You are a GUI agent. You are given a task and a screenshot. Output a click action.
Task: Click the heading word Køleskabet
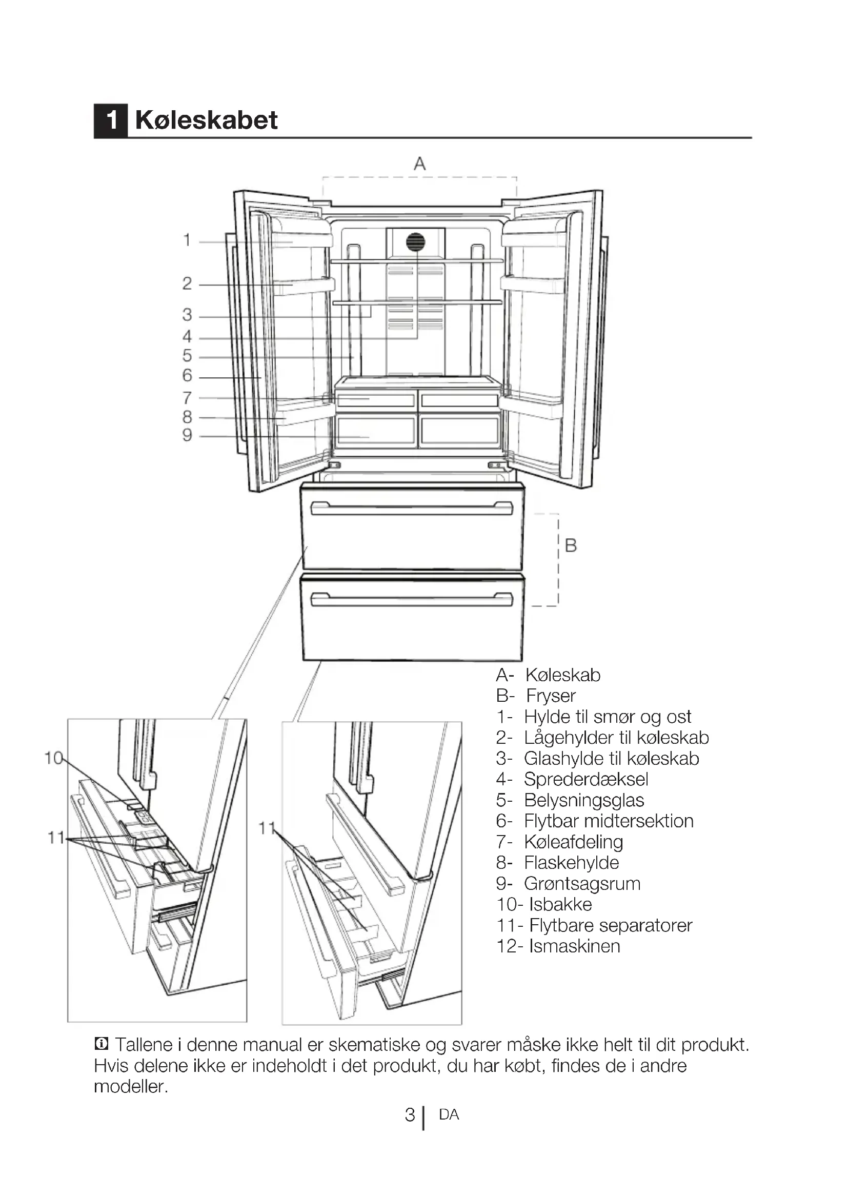click(206, 120)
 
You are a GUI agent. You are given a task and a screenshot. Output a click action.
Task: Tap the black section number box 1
click(111, 120)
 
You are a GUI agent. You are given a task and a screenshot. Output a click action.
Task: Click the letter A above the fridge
click(419, 164)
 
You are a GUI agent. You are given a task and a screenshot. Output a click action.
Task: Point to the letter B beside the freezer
click(571, 546)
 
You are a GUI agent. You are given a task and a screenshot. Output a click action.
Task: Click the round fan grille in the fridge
click(416, 242)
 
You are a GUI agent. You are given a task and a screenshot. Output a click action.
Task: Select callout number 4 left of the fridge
click(187, 337)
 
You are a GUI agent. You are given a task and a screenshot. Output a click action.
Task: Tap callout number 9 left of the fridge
click(187, 435)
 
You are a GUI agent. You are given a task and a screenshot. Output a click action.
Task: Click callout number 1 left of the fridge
click(187, 240)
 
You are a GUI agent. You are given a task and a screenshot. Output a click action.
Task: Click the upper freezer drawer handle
click(412, 508)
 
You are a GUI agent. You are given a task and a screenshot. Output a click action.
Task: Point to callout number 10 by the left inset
click(53, 758)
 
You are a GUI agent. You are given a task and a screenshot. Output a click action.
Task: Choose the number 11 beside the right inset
click(267, 828)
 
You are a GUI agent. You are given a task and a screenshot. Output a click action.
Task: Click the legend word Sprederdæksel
click(586, 779)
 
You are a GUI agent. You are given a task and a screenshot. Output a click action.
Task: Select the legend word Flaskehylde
click(571, 863)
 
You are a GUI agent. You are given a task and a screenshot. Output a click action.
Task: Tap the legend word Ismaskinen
click(574, 946)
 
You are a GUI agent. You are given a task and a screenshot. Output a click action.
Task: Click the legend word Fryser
click(550, 696)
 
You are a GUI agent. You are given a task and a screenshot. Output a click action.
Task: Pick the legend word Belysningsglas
click(584, 800)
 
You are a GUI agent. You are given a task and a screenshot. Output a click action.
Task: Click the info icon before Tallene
click(102, 1044)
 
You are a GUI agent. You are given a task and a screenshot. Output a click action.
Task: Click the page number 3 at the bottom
click(410, 1115)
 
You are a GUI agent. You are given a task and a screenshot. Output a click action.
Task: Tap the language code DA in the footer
click(449, 1115)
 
